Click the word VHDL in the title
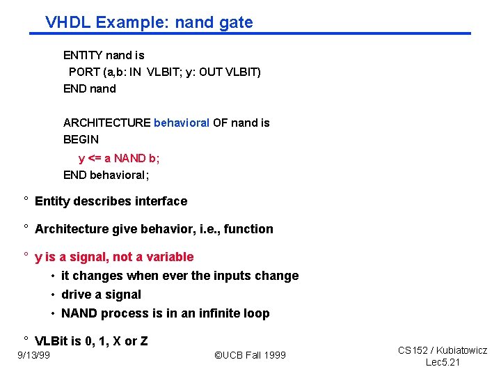pos(68,22)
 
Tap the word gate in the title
pos(235,23)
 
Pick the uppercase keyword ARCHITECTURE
pos(106,123)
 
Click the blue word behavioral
pos(181,123)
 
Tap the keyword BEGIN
pos(81,139)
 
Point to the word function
pos(249,229)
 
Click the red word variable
pos(170,257)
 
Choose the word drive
pos(77,295)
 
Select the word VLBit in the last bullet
pos(52,341)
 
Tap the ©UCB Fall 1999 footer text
pos(250,356)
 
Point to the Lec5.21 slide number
pos(443,363)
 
